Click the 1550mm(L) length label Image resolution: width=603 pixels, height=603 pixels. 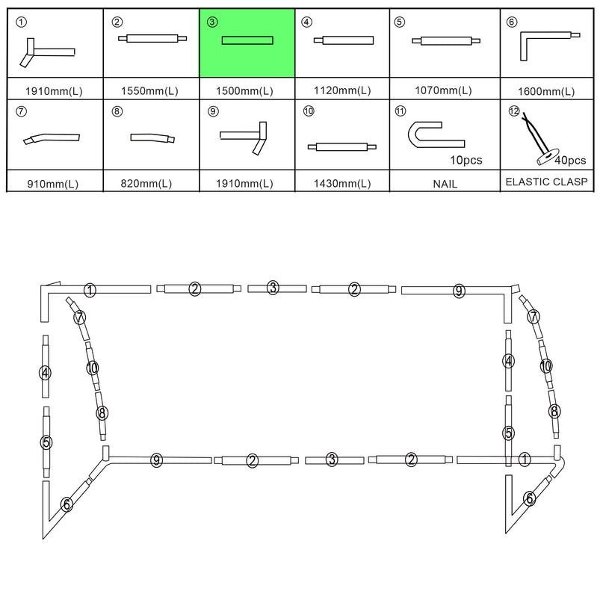coord(149,91)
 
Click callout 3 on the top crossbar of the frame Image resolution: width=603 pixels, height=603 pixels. coord(273,288)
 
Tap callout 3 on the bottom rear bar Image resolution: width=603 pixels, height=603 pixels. coord(332,460)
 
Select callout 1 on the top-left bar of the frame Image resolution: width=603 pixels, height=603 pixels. coord(90,290)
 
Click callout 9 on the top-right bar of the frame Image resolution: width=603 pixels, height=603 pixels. coord(459,291)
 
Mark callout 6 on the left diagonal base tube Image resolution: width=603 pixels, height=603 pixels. coord(67,504)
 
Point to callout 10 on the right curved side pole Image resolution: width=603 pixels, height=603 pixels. coord(546,366)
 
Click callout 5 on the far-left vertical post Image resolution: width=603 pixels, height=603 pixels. coord(46,442)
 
